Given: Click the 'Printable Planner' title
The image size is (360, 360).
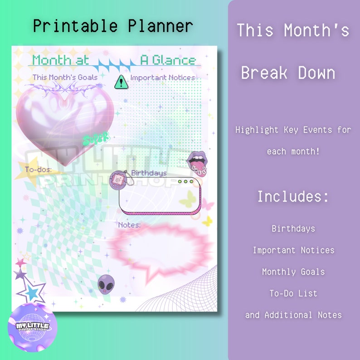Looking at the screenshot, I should (x=113, y=26).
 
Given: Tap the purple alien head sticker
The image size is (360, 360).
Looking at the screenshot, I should (x=106, y=284).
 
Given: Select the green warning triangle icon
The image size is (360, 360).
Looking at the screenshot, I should (x=121, y=82).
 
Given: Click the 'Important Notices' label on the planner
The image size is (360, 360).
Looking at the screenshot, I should (x=162, y=78).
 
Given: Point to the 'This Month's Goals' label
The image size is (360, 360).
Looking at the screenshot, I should (x=65, y=78).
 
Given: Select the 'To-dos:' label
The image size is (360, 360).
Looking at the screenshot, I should (x=38, y=170).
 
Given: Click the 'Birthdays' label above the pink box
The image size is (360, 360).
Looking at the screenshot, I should (x=149, y=173).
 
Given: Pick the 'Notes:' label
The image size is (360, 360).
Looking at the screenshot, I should (x=129, y=225).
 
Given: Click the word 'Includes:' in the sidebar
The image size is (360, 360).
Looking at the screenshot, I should (x=293, y=197).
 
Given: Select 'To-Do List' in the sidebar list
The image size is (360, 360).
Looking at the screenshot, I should (x=293, y=293).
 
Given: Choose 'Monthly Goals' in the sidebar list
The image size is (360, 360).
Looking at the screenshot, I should (x=293, y=272).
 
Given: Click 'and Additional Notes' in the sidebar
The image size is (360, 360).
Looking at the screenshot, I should (x=293, y=315).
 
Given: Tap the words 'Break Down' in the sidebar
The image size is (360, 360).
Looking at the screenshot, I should (x=288, y=73).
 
